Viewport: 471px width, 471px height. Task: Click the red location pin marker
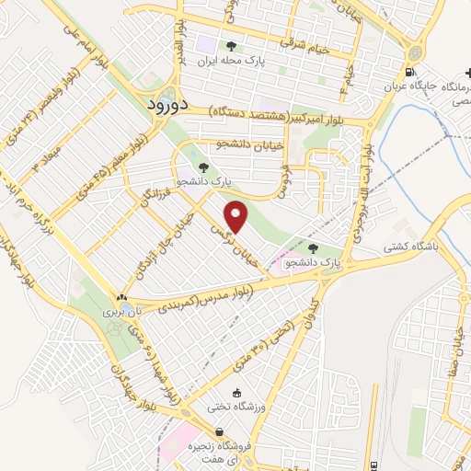pyautogui.click(x=237, y=216)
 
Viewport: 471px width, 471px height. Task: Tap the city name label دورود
pyautogui.click(x=167, y=105)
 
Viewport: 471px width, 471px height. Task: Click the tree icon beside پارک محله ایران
pyautogui.click(x=231, y=46)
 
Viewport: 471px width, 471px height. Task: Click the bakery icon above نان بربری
pyautogui.click(x=121, y=297)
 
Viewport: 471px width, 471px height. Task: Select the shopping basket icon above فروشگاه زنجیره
pyautogui.click(x=219, y=431)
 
